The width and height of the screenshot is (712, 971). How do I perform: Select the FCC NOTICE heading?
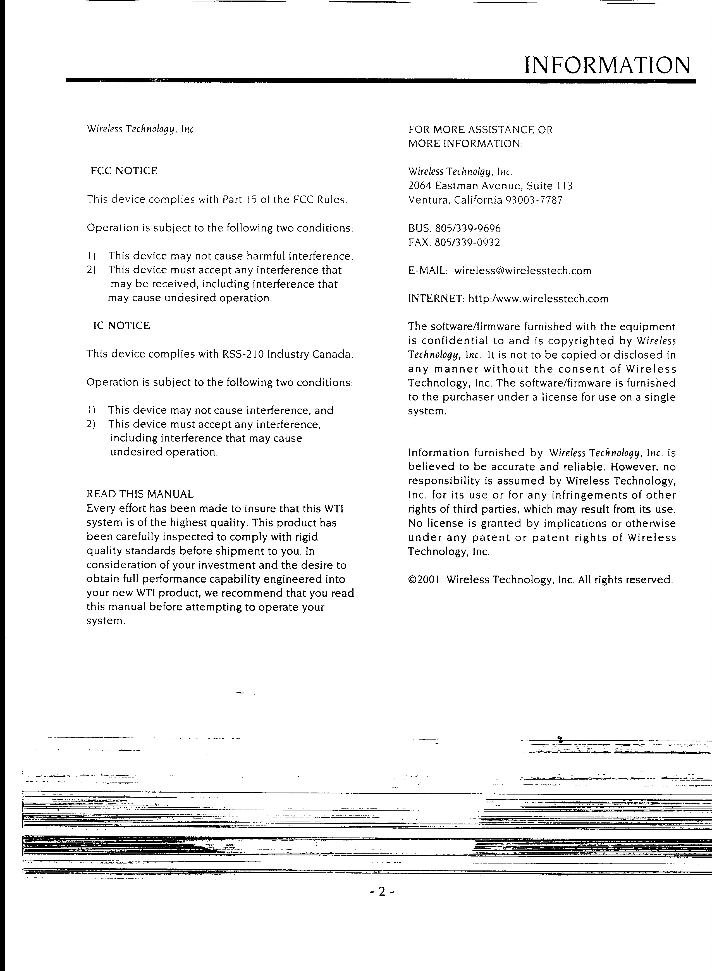point(124,171)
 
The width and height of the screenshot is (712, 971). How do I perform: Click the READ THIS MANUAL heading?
point(140,494)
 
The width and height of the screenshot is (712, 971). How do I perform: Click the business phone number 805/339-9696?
point(468,228)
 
